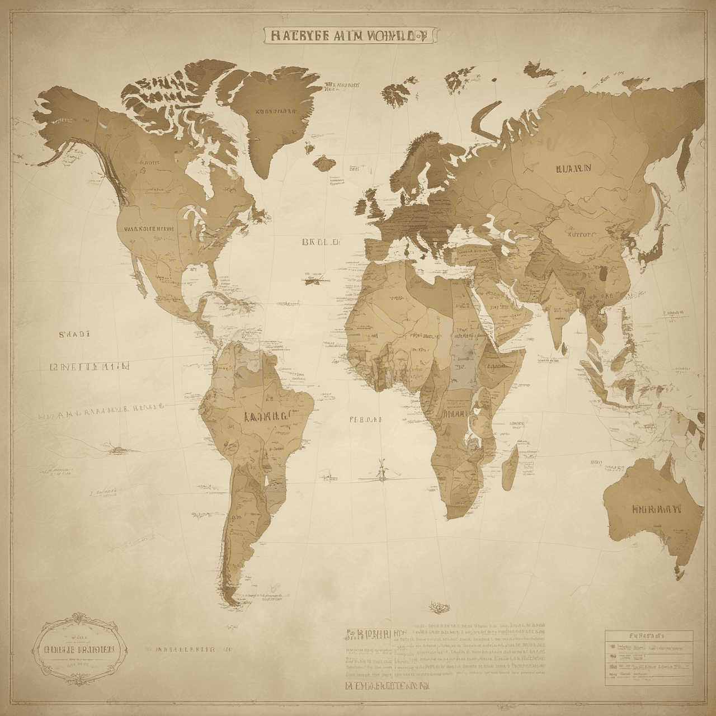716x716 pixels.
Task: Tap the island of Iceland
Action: tap(323, 163)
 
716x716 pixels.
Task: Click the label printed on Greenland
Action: tap(275, 111)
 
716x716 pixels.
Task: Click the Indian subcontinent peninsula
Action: tap(554, 313)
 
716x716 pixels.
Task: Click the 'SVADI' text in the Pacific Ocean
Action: tap(74, 334)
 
